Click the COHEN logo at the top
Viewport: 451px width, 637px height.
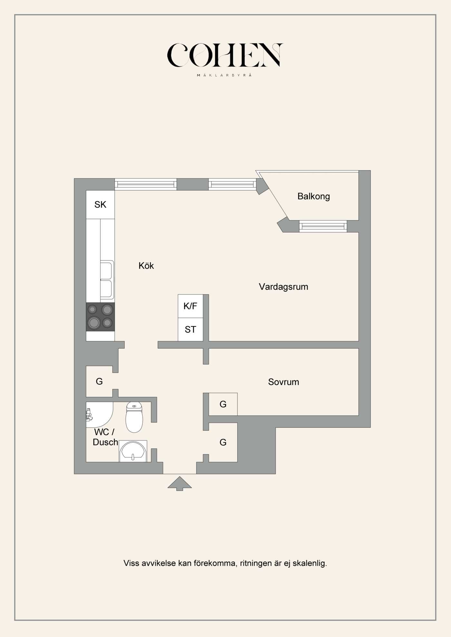pos(225,55)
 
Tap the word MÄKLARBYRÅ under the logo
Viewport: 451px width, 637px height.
pos(224,75)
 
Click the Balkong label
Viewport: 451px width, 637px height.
pos(313,196)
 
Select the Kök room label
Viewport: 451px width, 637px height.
pos(146,265)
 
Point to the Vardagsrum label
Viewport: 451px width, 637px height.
pos(283,287)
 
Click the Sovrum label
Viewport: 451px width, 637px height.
pos(283,382)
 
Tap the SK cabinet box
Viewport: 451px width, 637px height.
pos(100,205)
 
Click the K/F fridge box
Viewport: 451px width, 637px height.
pos(190,306)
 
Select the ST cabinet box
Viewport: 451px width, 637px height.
pos(190,329)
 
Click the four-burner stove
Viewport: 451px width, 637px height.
pos(100,317)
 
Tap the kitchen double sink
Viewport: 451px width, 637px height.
pos(107,280)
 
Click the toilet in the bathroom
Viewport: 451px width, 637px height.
pos(134,417)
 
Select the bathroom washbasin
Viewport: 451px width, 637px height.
pos(133,451)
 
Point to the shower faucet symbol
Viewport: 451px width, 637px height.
pos(89,415)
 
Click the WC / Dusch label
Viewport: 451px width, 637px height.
pos(105,437)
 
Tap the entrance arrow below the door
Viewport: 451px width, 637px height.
pos(180,484)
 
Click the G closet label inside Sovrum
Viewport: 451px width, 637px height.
pos(223,404)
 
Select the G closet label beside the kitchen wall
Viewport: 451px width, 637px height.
pos(99,381)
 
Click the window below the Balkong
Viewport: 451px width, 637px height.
pos(323,226)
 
